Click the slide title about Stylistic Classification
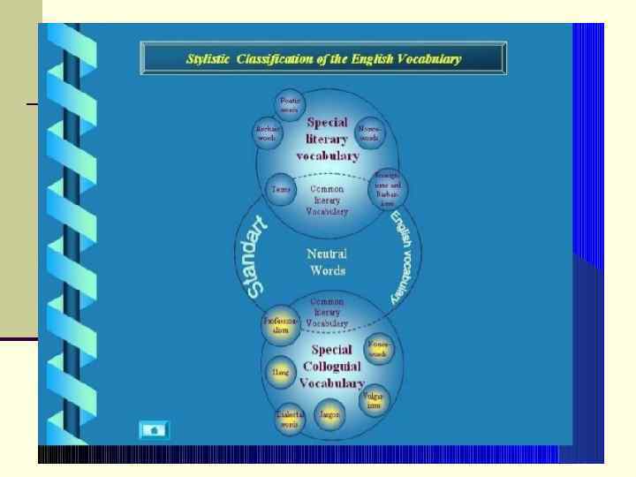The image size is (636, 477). (323, 59)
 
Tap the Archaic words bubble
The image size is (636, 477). (268, 133)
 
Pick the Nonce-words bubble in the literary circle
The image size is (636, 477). (369, 133)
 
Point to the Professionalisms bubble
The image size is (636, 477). (278, 324)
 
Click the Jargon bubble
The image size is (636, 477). (330, 414)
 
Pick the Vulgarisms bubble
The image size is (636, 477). (371, 403)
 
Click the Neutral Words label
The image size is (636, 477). (326, 261)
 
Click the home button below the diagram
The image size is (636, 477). (155, 430)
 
